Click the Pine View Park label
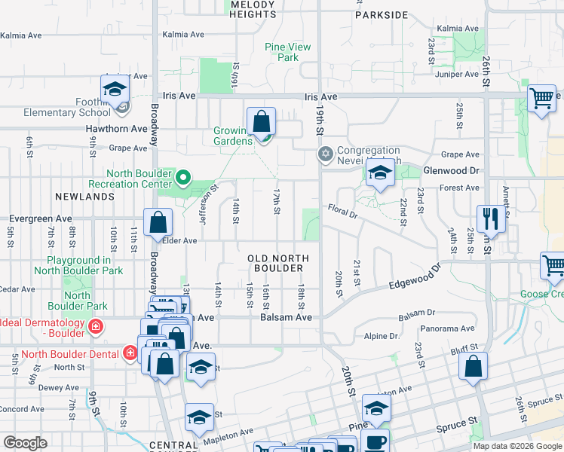288,52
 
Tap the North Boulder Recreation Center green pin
182,179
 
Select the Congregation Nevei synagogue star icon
325,154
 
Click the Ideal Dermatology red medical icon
96,327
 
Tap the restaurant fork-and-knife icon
491,219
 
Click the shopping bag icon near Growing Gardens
261,121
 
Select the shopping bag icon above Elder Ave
158,223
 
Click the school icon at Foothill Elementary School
115,90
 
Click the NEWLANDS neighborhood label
84,196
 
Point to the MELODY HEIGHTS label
253,9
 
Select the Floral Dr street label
342,209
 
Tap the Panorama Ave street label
452,328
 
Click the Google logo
26,443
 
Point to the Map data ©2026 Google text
517,446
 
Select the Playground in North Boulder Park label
78,265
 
